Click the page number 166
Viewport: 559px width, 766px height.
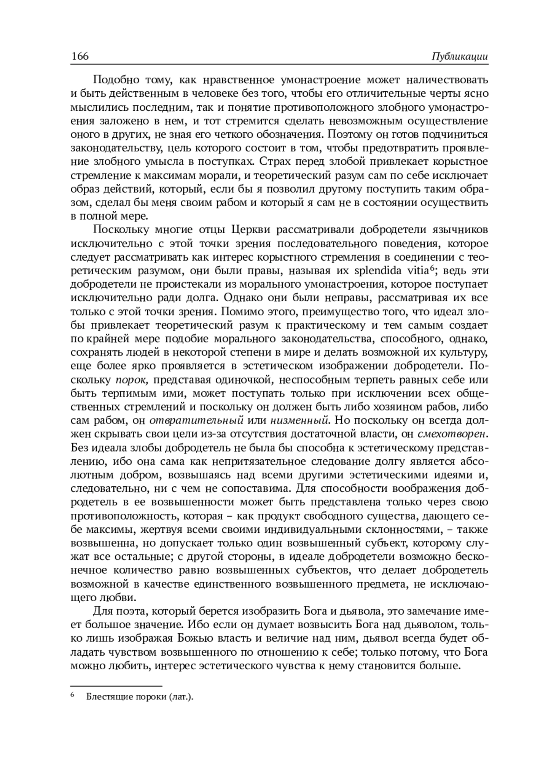tap(80, 56)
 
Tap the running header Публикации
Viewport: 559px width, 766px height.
tap(459, 57)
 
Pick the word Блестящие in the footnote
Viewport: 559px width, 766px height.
tap(109, 697)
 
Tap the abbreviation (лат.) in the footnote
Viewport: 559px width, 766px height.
tap(181, 697)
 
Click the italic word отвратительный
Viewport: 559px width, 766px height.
tap(197, 421)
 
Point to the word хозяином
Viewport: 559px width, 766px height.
tap(399, 407)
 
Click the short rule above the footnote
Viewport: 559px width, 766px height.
tap(116, 685)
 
